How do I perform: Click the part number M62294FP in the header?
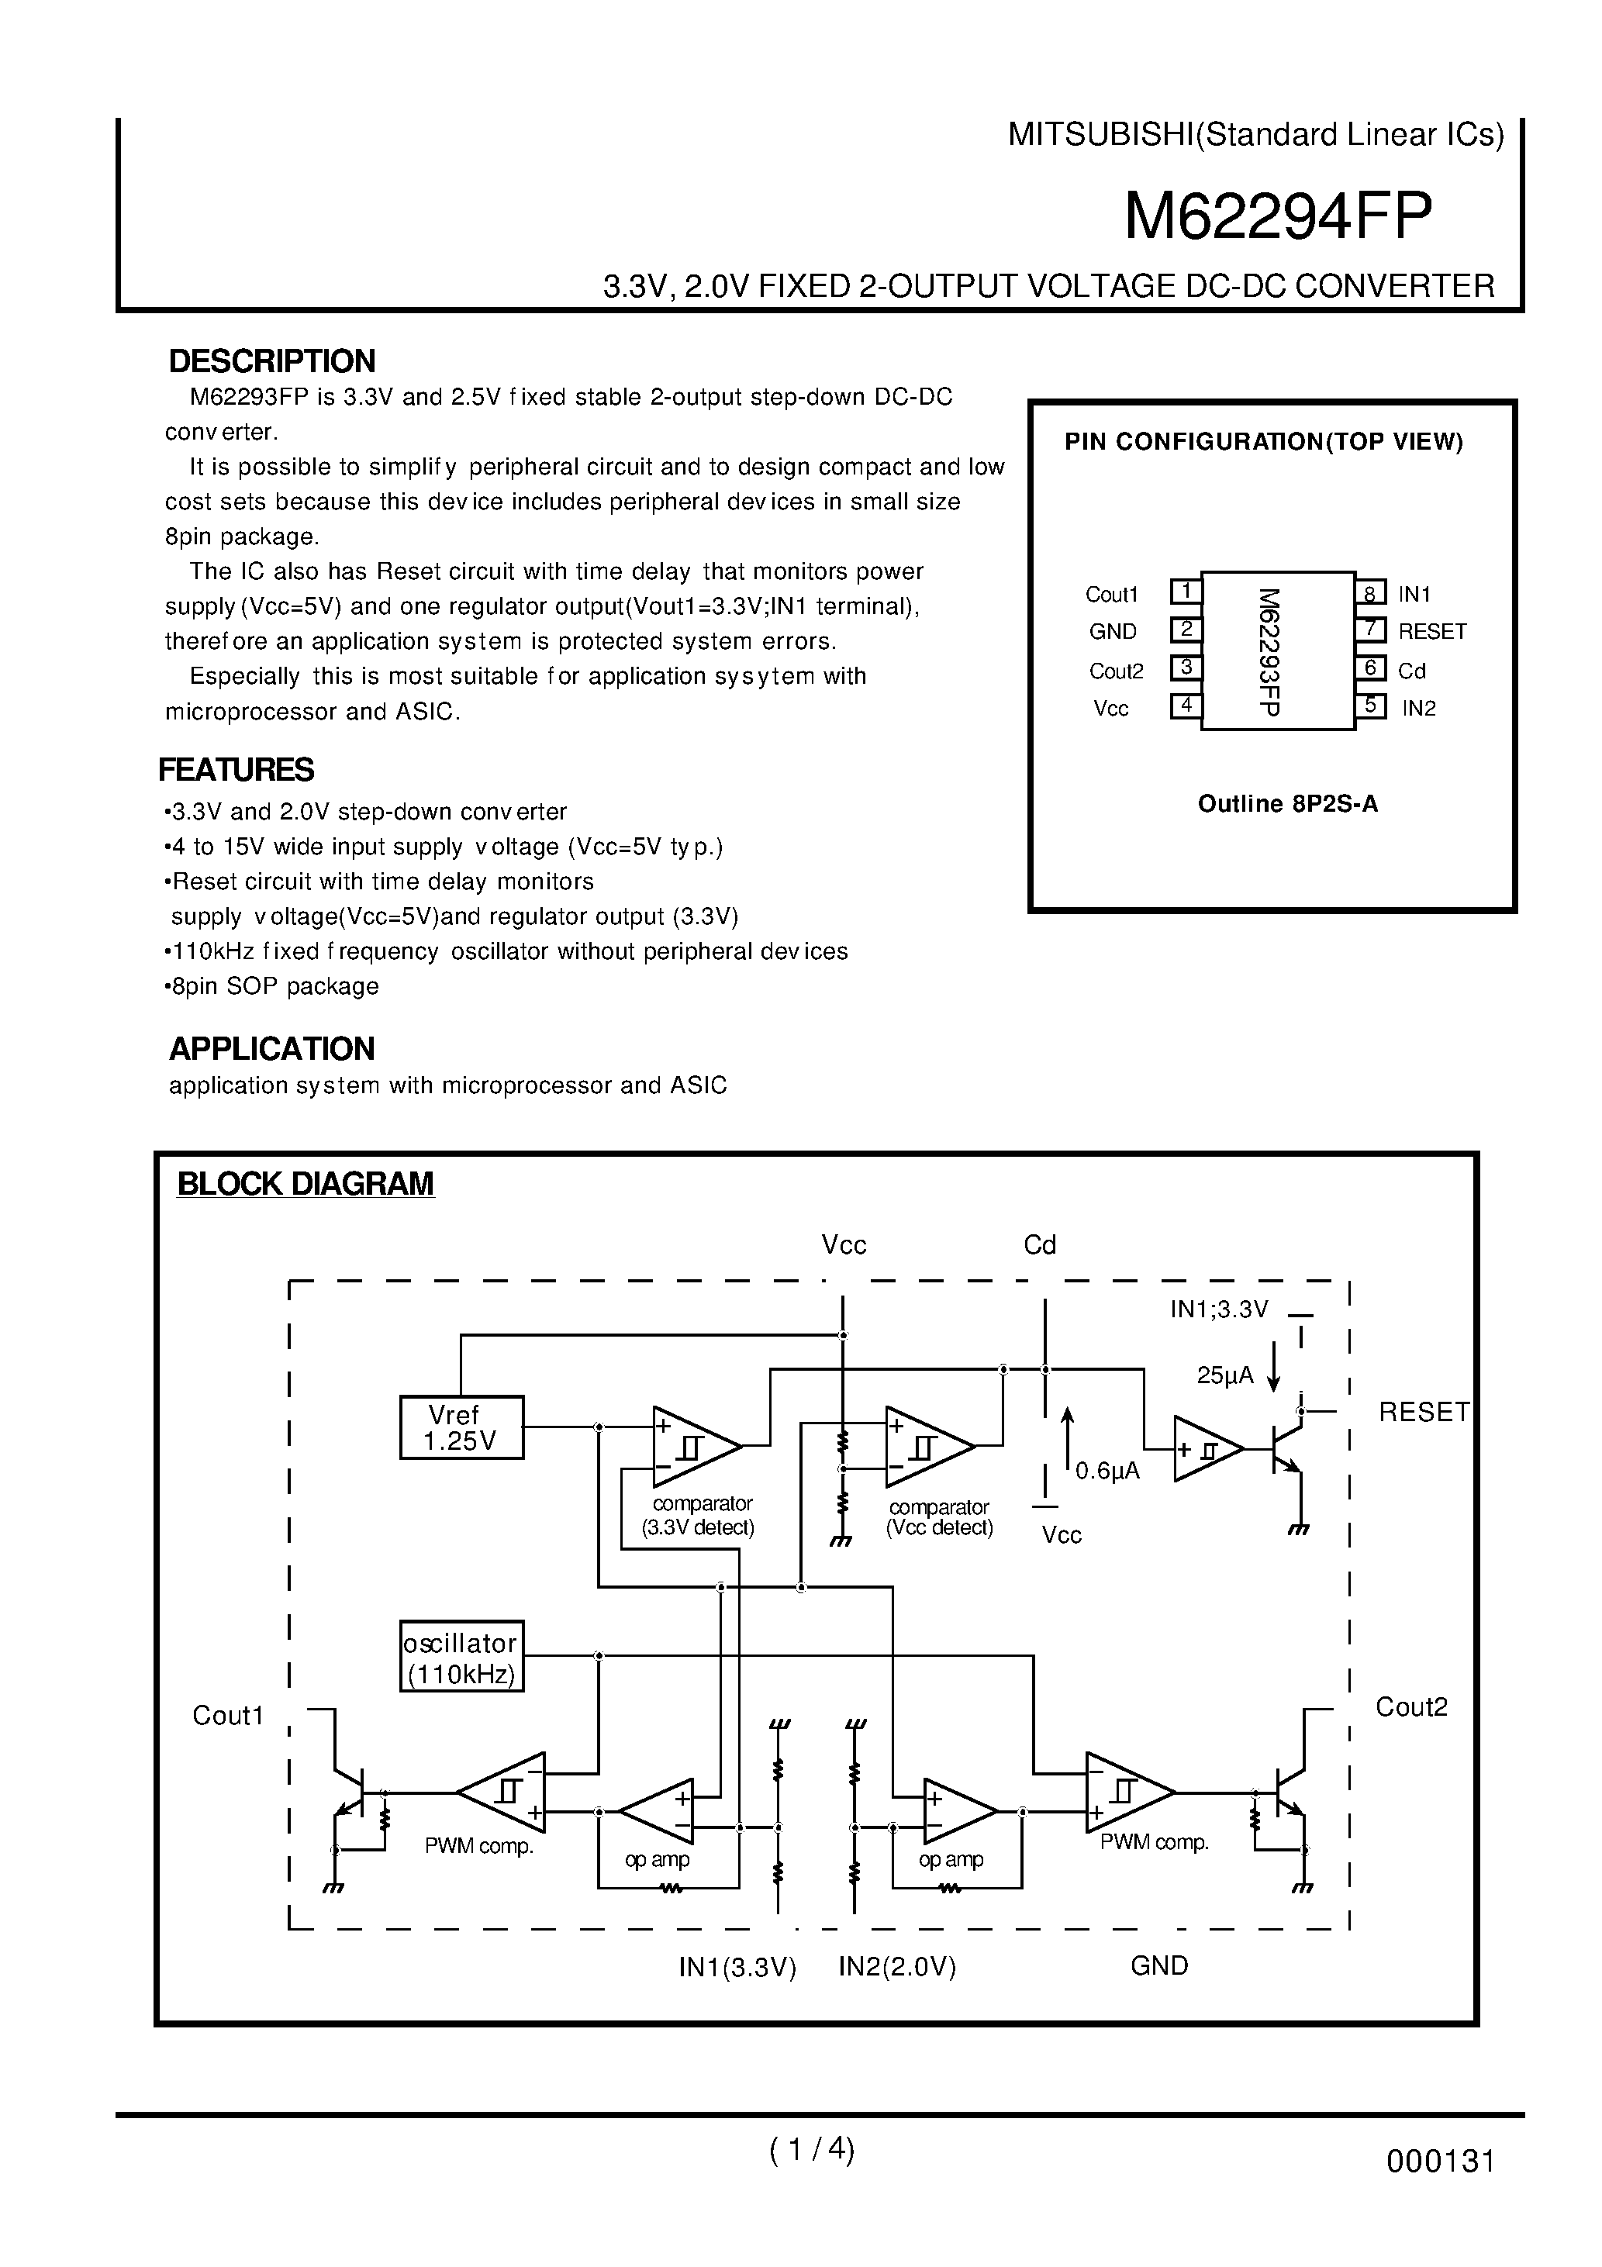coord(1278,217)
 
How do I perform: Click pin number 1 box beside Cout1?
coord(1185,592)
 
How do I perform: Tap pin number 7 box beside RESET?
coord(1370,629)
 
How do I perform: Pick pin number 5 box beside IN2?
coord(1370,706)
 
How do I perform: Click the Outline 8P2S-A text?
coord(1287,804)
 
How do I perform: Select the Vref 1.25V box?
coord(461,1428)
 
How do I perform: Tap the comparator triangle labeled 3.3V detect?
coord(693,1447)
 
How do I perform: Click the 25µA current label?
coord(1224,1375)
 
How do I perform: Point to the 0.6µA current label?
coord(1107,1472)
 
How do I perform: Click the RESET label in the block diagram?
coord(1423,1413)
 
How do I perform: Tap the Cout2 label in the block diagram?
coord(1410,1707)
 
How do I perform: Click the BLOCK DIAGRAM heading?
coord(306,1184)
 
